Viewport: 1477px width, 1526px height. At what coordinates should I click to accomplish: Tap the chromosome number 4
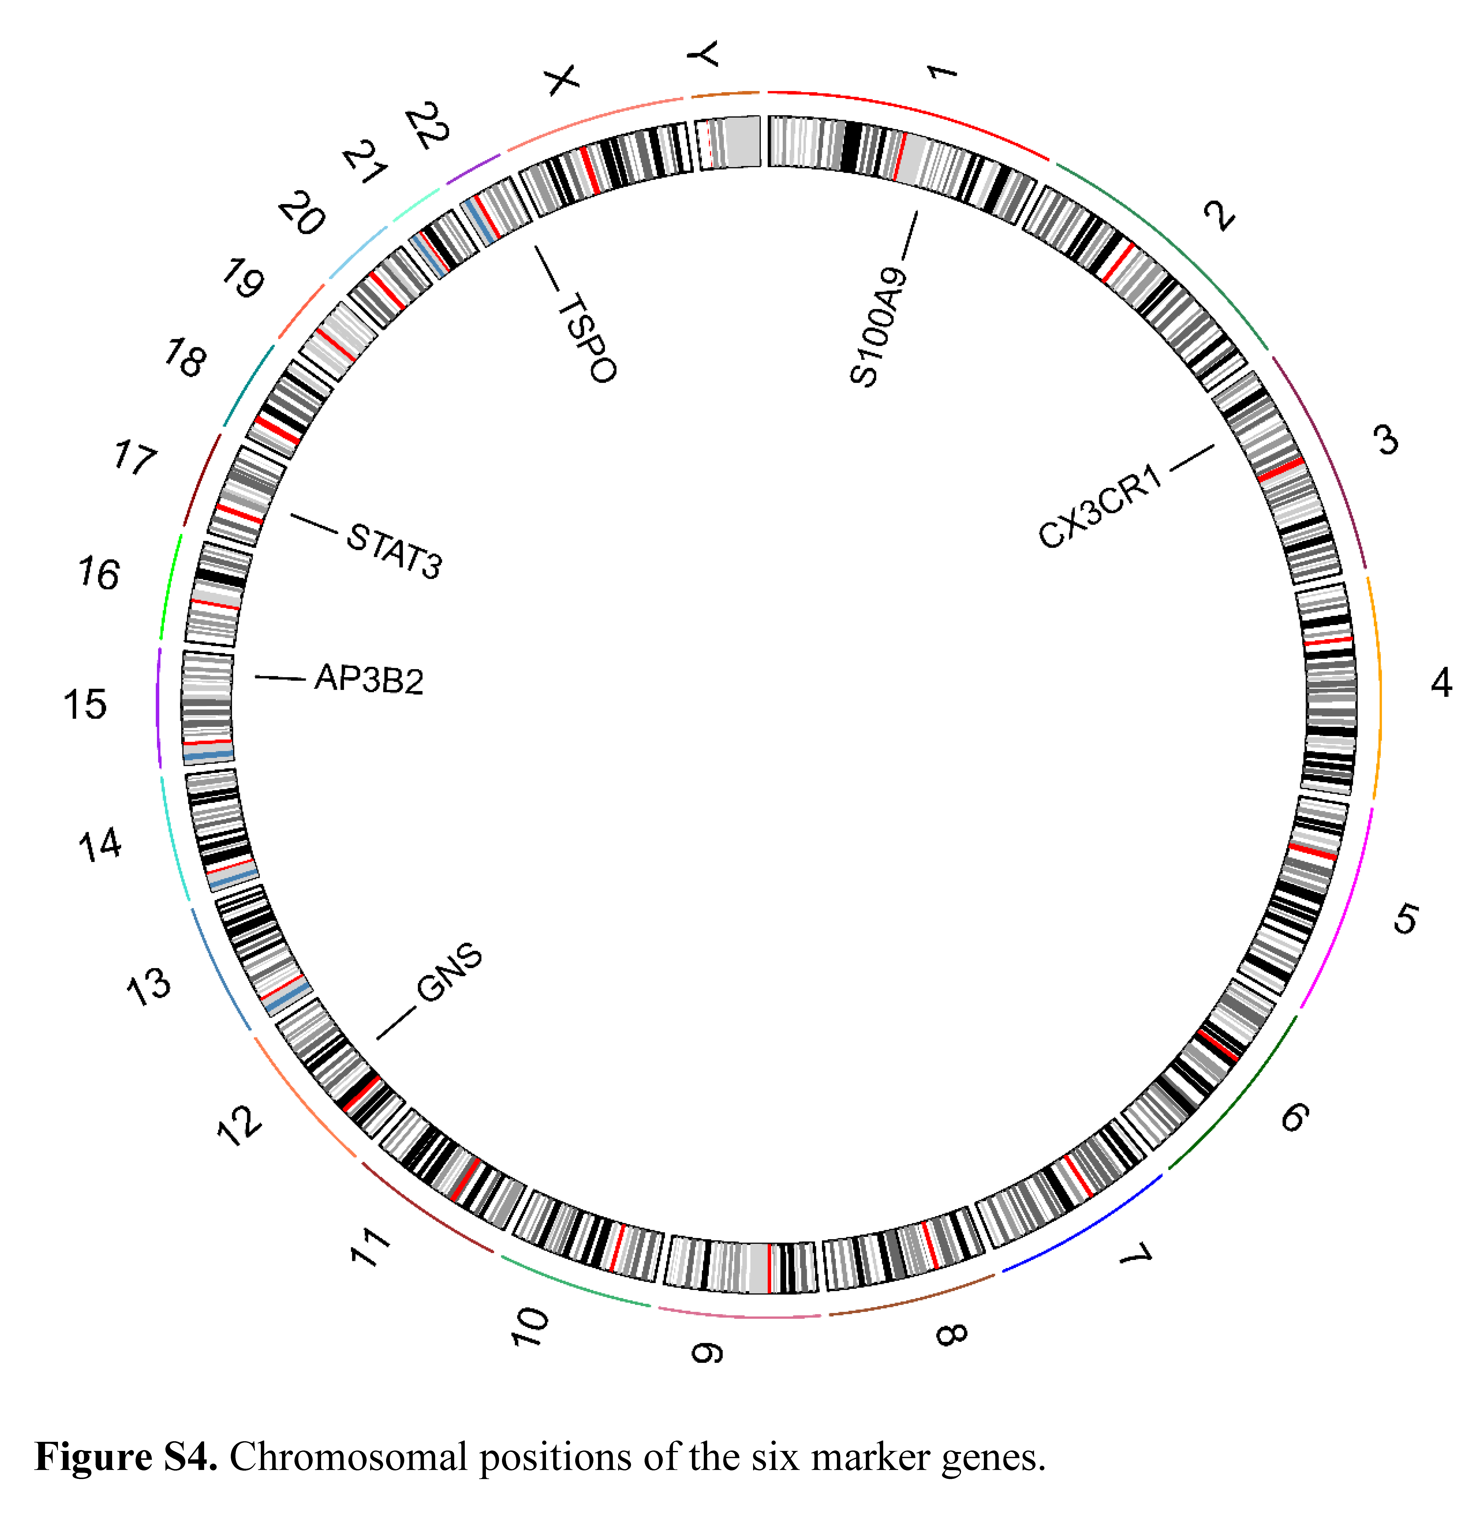pyautogui.click(x=1441, y=683)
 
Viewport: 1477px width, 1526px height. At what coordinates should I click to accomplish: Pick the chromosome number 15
pyautogui.click(x=85, y=705)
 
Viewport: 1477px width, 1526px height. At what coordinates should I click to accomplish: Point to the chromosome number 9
pyautogui.click(x=707, y=1353)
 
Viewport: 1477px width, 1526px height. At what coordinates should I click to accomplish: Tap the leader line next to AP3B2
pyautogui.click(x=280, y=678)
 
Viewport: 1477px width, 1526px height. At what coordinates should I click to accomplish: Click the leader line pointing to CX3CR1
pyautogui.click(x=1192, y=458)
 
